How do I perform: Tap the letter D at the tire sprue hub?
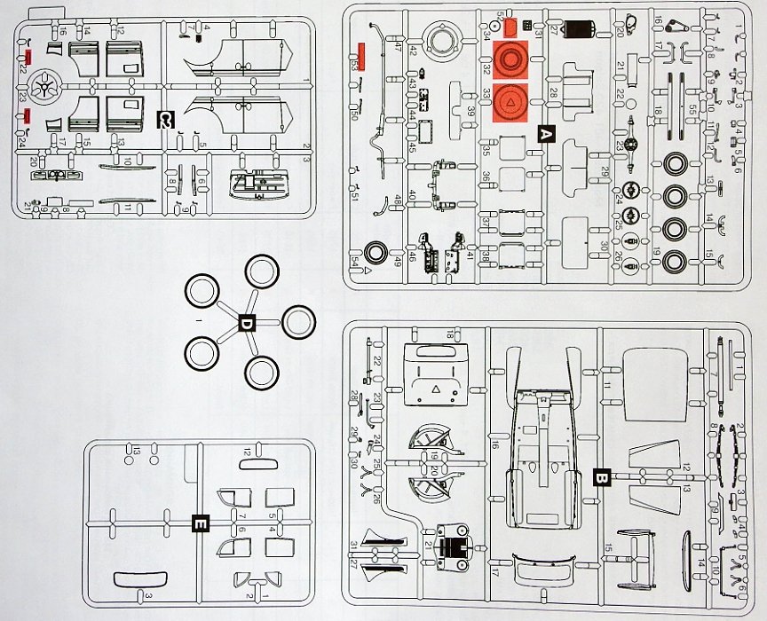(x=247, y=325)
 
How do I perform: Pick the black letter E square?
(x=201, y=524)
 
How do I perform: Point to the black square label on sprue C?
(x=164, y=118)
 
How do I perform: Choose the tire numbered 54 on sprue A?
(x=376, y=252)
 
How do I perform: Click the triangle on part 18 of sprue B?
(x=435, y=389)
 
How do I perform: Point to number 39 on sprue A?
(x=471, y=110)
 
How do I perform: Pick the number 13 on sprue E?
(x=138, y=451)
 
